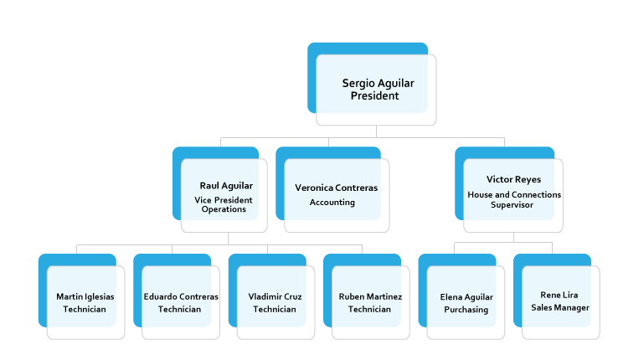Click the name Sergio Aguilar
tap(378, 83)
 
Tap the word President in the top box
tap(374, 95)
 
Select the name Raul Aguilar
tap(226, 186)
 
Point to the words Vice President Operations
tap(224, 204)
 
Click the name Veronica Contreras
tap(336, 188)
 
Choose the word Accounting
tap(332, 203)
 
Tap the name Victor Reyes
tap(513, 179)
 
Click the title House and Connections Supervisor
tap(513, 199)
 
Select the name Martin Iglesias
tap(85, 296)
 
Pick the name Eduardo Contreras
tap(181, 296)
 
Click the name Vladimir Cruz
tap(276, 296)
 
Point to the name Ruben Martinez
tap(370, 296)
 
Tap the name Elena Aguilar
tap(466, 296)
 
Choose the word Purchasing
tap(466, 309)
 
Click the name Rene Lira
tap(560, 295)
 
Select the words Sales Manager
tap(560, 307)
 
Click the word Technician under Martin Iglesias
tap(85, 309)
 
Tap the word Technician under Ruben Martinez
tap(369, 309)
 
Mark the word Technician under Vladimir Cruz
tap(275, 309)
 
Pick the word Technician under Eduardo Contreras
tap(180, 309)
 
